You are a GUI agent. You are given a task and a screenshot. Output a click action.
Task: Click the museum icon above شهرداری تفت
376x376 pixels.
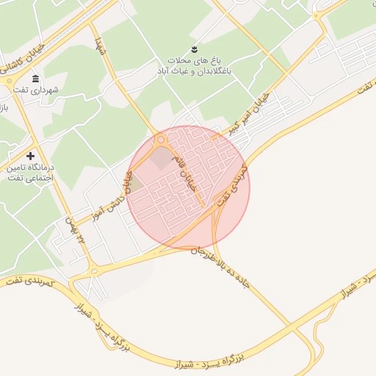pyautogui.click(x=35, y=79)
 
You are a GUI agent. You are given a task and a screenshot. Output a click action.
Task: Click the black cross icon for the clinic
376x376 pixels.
pyautogui.click(x=30, y=156)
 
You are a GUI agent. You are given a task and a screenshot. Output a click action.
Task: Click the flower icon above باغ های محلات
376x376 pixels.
pyautogui.click(x=194, y=49)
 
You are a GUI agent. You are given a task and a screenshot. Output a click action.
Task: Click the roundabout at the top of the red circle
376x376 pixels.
pyautogui.click(x=162, y=140)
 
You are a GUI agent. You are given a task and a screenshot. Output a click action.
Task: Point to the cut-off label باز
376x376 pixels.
pyautogui.click(x=4, y=107)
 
